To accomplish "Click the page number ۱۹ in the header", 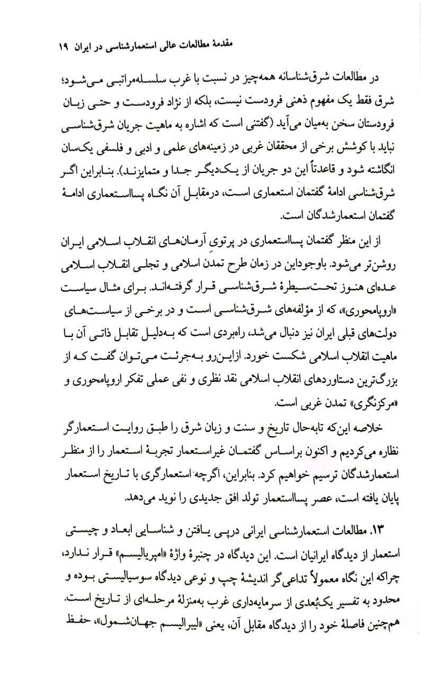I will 59,47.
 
